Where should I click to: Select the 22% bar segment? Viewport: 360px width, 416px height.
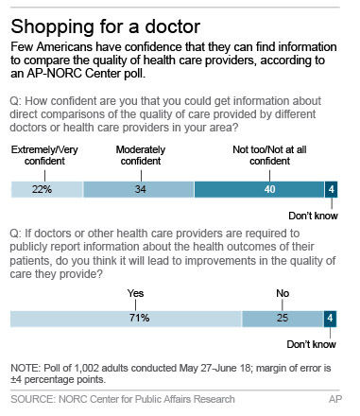coord(46,188)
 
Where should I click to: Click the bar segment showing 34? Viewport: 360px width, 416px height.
coord(138,188)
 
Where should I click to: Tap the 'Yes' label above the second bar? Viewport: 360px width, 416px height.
coord(137,293)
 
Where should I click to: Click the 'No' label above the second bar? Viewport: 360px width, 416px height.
coord(282,293)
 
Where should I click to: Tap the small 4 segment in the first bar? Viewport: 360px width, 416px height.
coord(330,188)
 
